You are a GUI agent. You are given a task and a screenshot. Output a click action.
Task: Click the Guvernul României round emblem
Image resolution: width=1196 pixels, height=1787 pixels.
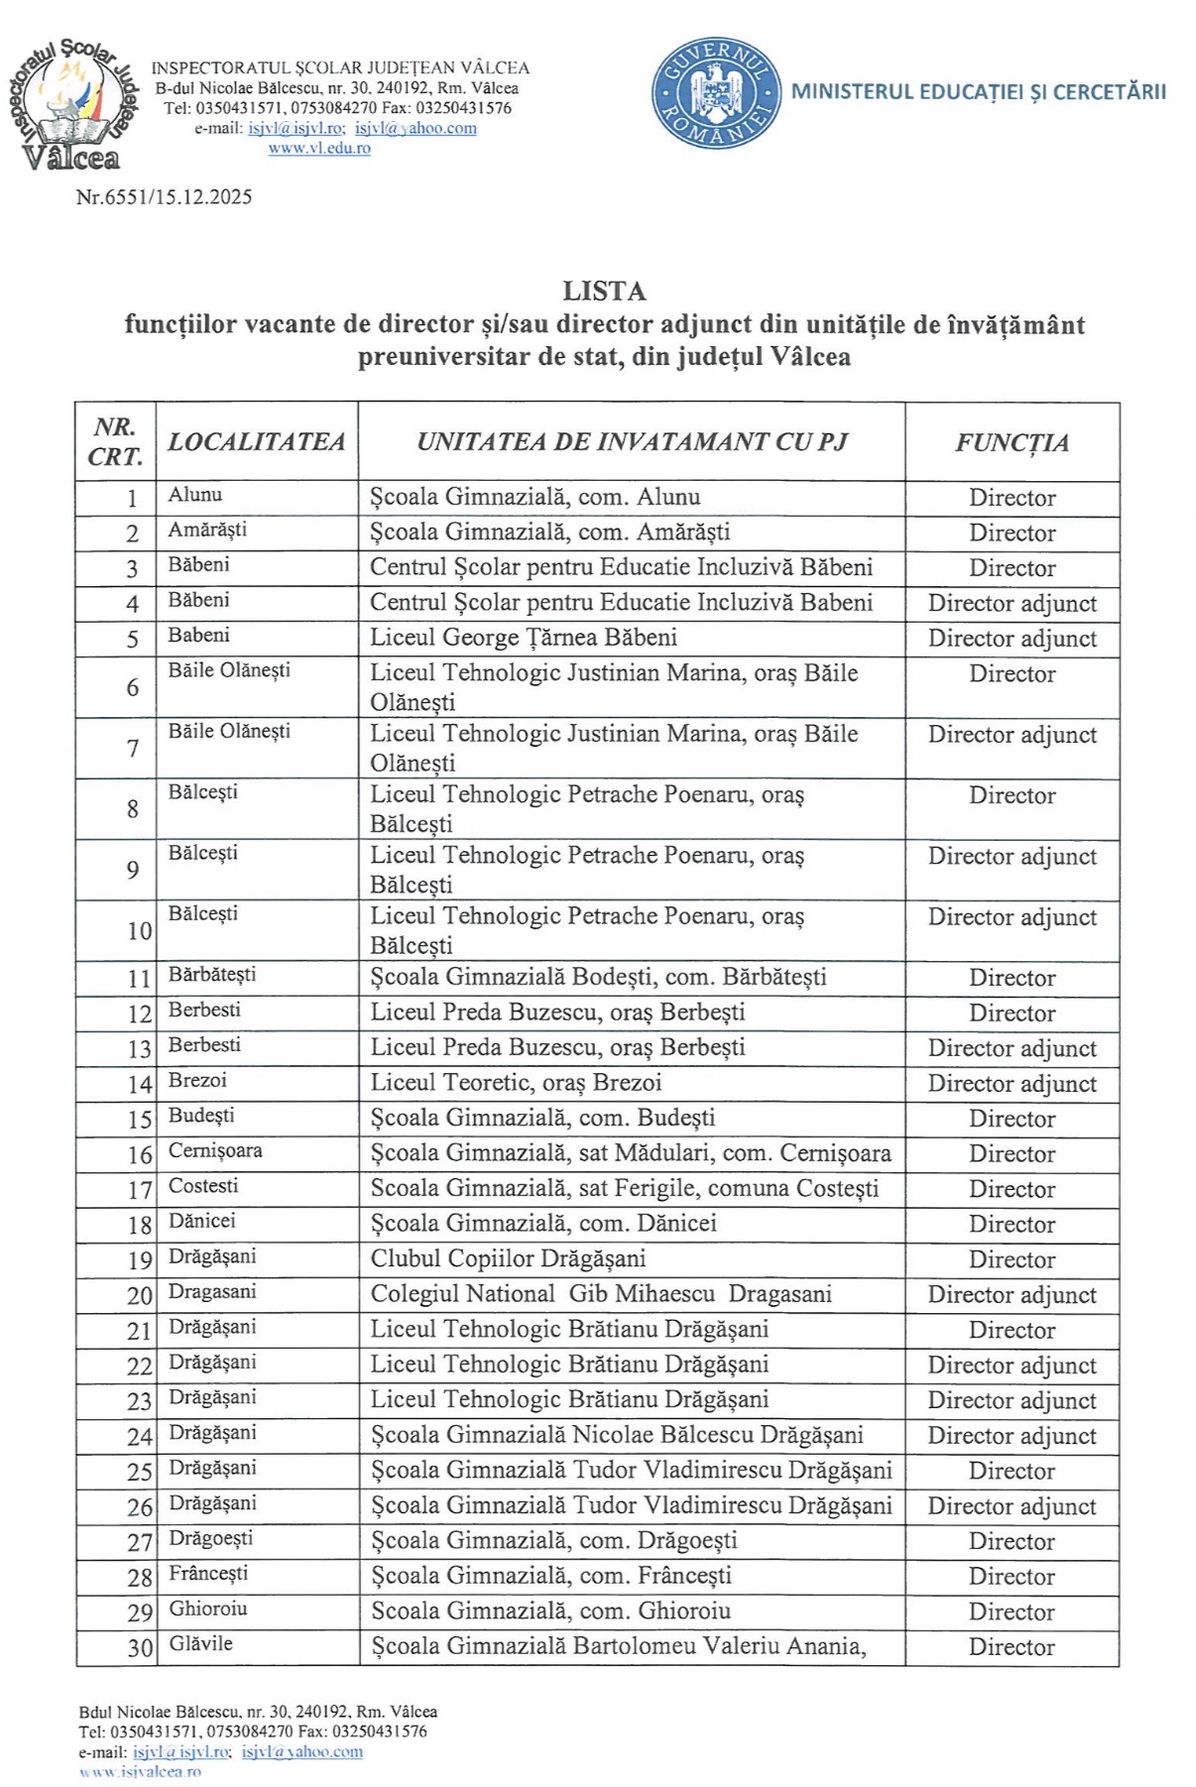click(716, 94)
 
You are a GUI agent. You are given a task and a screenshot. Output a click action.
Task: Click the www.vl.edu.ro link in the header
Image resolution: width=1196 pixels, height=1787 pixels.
click(319, 149)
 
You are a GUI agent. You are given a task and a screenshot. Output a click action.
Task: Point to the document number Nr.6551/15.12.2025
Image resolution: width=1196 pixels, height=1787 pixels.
click(164, 196)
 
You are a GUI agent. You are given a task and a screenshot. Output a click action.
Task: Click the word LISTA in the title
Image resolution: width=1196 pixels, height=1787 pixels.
click(604, 291)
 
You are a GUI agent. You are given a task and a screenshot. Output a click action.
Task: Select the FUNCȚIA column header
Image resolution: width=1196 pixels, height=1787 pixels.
click(1012, 442)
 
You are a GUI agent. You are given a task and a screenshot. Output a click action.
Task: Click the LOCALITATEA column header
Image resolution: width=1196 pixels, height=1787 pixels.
click(257, 442)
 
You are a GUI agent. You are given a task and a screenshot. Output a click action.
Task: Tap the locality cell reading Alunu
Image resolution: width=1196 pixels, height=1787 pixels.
click(195, 495)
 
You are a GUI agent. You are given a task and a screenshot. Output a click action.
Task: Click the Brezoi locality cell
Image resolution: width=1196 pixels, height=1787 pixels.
click(197, 1080)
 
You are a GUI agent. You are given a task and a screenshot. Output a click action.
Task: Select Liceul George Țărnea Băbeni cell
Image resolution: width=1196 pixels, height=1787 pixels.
click(524, 638)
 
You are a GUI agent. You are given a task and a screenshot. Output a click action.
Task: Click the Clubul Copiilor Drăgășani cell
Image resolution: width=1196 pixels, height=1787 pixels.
click(508, 1258)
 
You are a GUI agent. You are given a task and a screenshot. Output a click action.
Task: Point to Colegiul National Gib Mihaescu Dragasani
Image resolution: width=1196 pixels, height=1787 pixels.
click(601, 1294)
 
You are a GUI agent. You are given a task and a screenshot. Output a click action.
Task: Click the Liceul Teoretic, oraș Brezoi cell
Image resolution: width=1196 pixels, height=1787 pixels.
click(516, 1083)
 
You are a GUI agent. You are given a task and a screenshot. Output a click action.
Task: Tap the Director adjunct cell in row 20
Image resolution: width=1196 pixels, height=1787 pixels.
click(1012, 1295)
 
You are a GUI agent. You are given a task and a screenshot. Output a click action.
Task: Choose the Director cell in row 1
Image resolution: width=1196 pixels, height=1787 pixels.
click(1012, 498)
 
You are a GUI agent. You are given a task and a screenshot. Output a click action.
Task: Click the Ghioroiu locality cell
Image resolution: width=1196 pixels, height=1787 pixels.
click(208, 1608)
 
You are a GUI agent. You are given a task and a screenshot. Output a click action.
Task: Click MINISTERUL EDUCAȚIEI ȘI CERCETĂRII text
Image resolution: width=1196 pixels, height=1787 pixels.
click(978, 92)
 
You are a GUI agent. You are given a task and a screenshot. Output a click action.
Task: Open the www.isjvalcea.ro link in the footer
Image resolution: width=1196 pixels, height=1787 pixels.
click(140, 1771)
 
